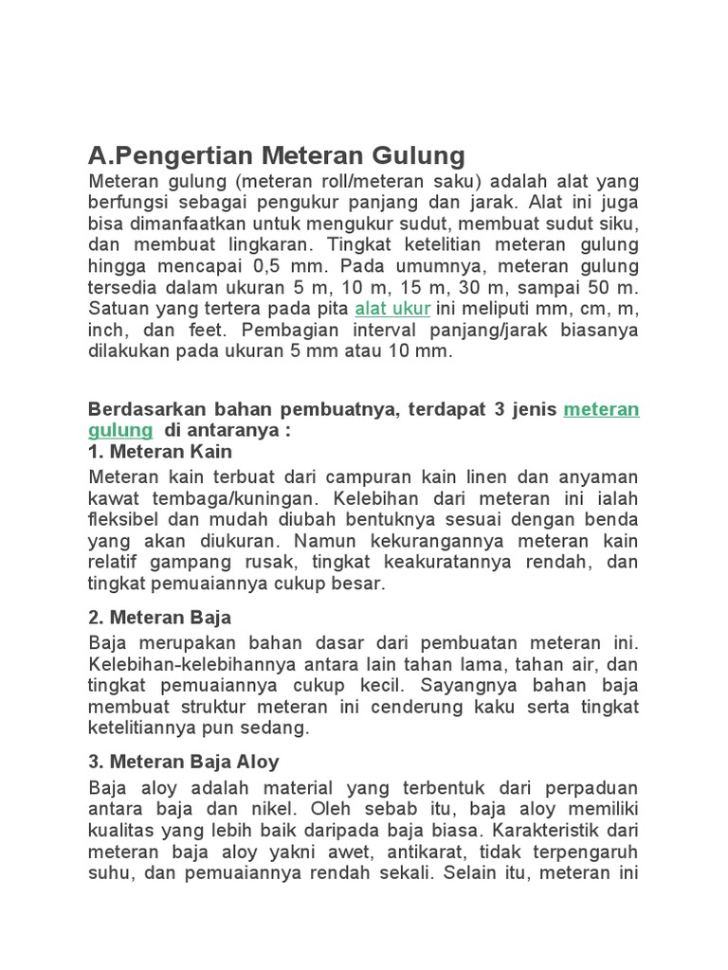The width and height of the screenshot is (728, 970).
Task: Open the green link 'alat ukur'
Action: click(x=392, y=309)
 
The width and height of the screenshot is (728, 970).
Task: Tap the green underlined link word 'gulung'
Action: click(x=119, y=430)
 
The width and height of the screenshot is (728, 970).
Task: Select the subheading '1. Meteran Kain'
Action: click(x=159, y=452)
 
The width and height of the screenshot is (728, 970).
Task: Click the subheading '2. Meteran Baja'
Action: click(x=159, y=618)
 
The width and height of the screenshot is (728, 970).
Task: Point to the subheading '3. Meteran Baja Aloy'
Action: click(x=183, y=762)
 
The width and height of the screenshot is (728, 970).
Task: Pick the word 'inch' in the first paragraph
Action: click(x=107, y=331)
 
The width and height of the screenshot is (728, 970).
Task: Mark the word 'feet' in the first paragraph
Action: click(x=214, y=331)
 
